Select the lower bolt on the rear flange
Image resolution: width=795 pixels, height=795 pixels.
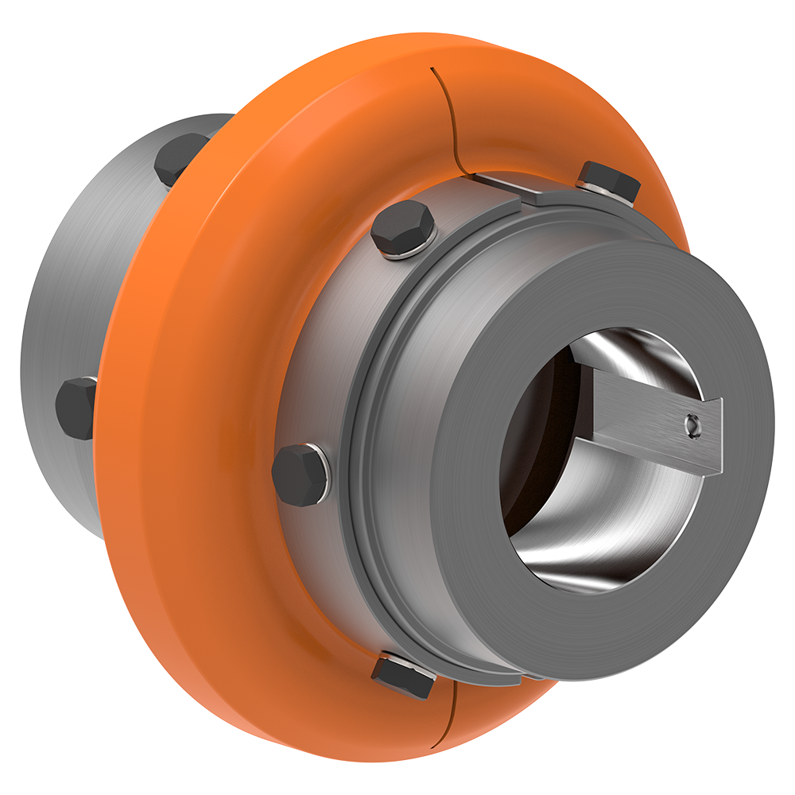[76, 409]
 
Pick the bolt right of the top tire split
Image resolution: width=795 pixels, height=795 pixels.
[609, 180]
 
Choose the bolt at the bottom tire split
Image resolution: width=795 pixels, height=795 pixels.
[403, 674]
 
